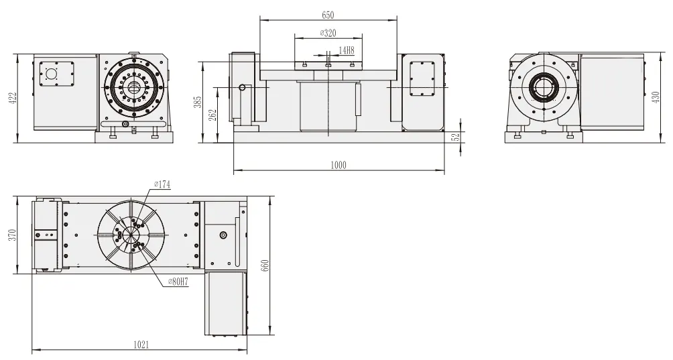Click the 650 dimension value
[328, 15]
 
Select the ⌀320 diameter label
[328, 34]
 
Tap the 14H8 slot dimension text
[346, 50]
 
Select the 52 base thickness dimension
[456, 137]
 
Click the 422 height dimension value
[11, 98]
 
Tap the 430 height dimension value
[655, 98]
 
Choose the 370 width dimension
[11, 236]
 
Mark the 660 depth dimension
[265, 266]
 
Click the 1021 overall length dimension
[140, 345]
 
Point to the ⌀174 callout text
[163, 184]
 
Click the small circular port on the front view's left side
[242, 87]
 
